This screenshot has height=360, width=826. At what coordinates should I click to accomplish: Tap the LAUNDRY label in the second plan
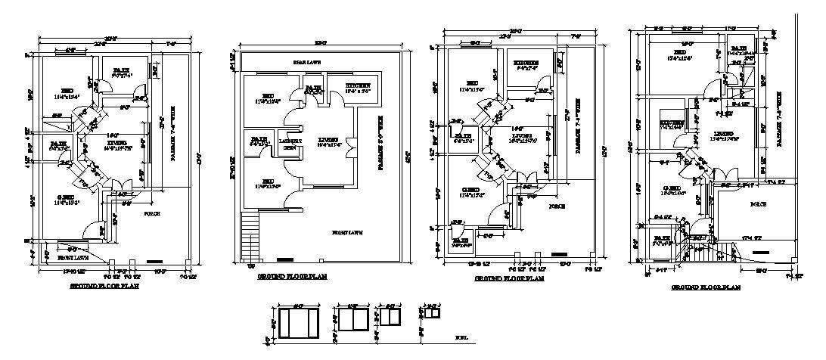click(287, 141)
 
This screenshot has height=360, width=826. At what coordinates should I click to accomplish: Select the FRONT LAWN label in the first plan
click(73, 257)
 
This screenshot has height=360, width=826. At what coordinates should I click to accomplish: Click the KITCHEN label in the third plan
click(526, 63)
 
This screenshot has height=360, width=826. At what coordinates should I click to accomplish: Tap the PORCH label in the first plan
click(151, 213)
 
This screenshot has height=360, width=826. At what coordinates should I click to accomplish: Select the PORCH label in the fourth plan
click(758, 204)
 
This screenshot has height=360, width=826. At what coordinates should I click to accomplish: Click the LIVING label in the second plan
click(328, 139)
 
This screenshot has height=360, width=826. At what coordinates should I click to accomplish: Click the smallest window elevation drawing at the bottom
click(433, 312)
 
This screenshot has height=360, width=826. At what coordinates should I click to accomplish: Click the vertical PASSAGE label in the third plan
click(576, 126)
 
